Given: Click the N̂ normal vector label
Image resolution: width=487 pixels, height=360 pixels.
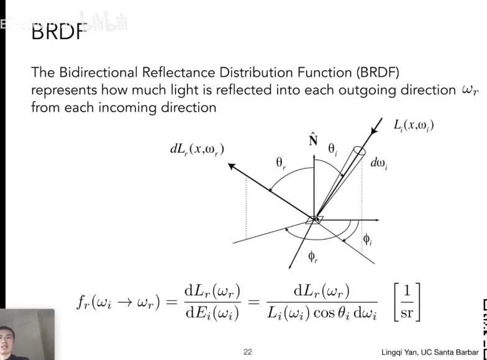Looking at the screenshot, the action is tap(314, 140).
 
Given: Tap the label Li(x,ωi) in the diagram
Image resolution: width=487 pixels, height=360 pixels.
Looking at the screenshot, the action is tap(413, 125).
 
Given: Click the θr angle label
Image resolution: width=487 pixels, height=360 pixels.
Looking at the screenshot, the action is tap(281, 164).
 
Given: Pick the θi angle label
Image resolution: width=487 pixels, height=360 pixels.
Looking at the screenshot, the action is tap(333, 149).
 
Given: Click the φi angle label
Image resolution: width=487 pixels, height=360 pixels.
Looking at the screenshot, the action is tap(368, 238).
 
